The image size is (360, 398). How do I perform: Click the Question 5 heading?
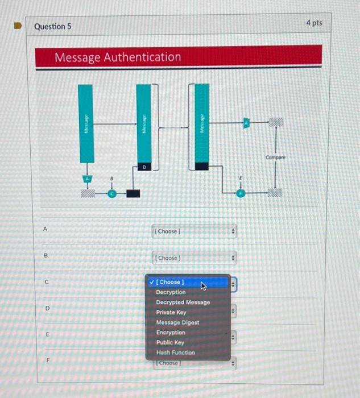coord(53,26)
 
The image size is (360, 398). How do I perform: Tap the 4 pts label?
coord(313,23)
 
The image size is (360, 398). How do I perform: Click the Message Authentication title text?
coord(118,57)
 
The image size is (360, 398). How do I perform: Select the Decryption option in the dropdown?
coord(171,292)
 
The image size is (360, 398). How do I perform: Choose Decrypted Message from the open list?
coord(183,302)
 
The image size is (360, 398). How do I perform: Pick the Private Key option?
coord(171,312)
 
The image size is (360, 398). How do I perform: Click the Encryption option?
coord(171,333)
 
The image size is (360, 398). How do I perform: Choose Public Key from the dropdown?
coord(170,342)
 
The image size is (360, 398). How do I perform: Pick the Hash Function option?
coord(175,353)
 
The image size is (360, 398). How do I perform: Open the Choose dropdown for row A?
coord(194,231)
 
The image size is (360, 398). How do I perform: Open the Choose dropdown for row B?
coord(194,258)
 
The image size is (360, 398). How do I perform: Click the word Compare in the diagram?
coord(275,157)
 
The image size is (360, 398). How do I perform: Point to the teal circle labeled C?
coord(112,193)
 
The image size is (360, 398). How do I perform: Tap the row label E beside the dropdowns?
coord(47,335)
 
